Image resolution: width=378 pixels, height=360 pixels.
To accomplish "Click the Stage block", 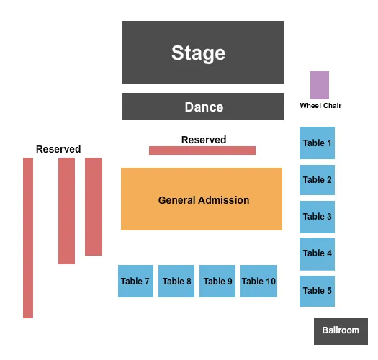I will point(202,53).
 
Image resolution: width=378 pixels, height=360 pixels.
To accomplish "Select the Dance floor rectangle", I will point(202,107).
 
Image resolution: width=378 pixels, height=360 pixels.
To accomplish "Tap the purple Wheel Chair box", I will point(319,84).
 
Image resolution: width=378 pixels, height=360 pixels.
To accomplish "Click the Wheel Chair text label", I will point(320,106).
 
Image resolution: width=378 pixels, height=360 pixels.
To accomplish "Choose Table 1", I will point(317,143).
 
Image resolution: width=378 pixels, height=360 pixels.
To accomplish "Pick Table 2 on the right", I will point(317,179).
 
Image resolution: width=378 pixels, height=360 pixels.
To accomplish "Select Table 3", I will point(317,216).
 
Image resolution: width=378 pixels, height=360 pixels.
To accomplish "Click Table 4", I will point(317,253).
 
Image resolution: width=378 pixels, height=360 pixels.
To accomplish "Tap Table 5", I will point(317,290).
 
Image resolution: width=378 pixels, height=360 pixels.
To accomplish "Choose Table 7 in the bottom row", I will point(135,281).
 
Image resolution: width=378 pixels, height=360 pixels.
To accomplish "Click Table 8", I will point(176,281).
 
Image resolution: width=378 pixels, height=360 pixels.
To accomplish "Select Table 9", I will point(217,281).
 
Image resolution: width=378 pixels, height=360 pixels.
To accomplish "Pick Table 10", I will point(258,281).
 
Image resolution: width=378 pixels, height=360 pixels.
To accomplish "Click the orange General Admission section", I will point(202,199).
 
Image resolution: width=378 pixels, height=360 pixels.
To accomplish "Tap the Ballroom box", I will point(341,330).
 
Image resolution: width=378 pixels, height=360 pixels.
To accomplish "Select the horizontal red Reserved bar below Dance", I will point(202,150).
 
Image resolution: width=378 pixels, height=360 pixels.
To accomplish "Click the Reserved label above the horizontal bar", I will point(204,140).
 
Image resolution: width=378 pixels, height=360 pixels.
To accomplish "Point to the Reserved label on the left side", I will point(58,149).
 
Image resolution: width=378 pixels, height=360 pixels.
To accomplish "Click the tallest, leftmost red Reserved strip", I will point(28,238).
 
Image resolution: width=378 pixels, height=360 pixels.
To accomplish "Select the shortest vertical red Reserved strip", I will point(94,207).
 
